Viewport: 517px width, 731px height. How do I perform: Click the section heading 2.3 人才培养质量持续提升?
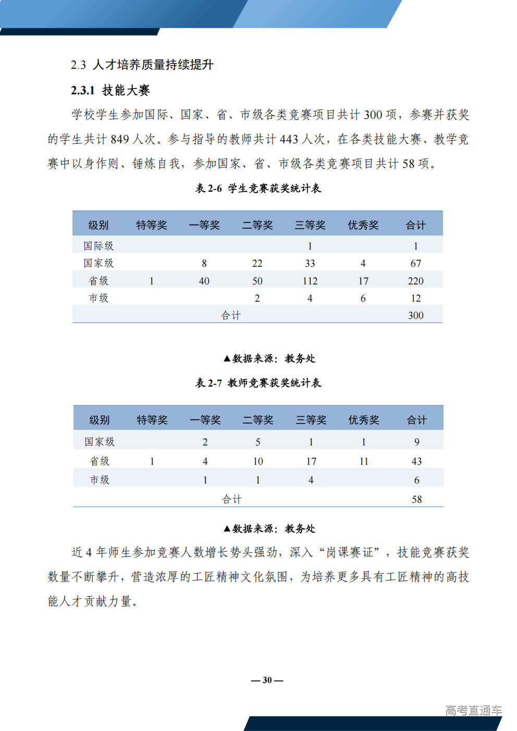[142, 65]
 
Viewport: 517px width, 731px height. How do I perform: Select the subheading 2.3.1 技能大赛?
[110, 90]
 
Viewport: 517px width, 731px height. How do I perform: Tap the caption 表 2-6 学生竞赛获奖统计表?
[258, 188]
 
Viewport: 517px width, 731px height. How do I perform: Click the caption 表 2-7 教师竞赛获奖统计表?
[258, 383]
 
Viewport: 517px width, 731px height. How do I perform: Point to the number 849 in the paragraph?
[120, 139]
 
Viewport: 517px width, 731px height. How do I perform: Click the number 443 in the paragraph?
[289, 139]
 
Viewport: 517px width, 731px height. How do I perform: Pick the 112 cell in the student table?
[310, 281]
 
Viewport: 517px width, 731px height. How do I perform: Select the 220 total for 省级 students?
[415, 281]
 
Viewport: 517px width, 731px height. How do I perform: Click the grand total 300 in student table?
[415, 315]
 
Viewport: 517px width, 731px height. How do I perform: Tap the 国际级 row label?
[99, 245]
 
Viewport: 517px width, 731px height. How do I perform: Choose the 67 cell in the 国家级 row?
[415, 263]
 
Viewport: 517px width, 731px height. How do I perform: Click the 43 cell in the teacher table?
[416, 461]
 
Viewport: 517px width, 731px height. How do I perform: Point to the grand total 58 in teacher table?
[416, 499]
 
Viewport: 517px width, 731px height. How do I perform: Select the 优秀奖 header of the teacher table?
[364, 420]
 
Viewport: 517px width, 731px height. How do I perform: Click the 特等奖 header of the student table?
[152, 225]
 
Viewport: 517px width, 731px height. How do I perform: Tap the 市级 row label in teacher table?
[100, 480]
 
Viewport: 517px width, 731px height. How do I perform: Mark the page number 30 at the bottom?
[267, 680]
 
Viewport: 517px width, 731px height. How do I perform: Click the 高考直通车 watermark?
[473, 710]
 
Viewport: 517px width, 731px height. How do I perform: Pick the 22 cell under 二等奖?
[257, 263]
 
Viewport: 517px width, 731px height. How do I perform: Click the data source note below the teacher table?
[269, 528]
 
